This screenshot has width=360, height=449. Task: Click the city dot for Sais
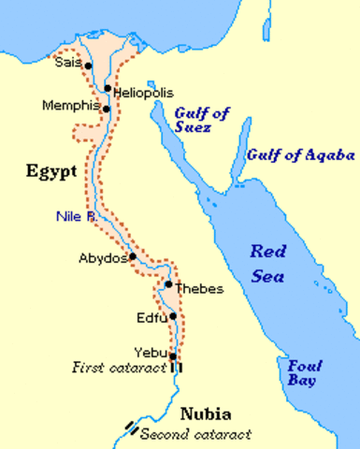88,65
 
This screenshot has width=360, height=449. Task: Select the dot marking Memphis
107,109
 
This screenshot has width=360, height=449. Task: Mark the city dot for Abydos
134,255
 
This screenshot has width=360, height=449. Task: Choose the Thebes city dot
168,284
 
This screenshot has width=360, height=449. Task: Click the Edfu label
151,318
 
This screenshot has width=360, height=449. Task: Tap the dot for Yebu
173,355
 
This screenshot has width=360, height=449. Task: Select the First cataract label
118,368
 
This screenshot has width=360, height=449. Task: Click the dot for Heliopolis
108,89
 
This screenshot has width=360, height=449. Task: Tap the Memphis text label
70,106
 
